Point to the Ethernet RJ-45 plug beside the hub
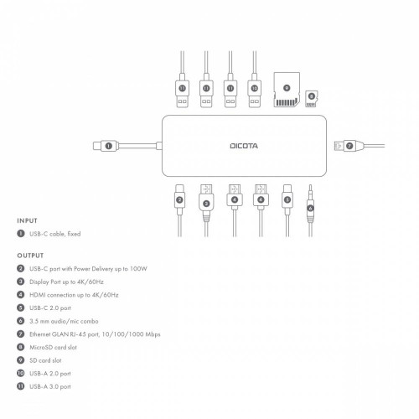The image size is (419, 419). coord(346,146)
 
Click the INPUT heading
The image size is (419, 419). coord(27,220)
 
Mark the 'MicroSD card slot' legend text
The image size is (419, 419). coord(57,347)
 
